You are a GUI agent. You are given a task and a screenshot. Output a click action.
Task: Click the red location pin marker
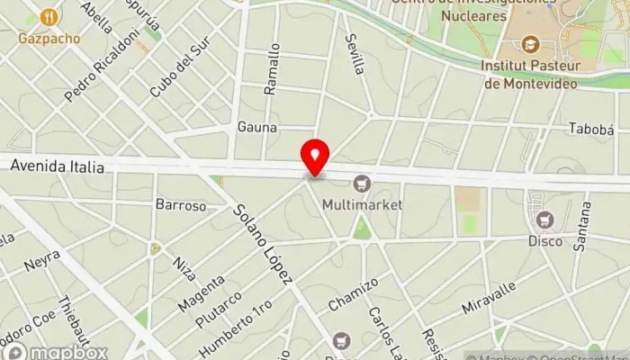[315, 157]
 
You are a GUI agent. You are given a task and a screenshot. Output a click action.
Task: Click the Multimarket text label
[362, 205]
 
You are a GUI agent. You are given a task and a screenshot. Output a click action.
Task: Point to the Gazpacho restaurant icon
[49, 17]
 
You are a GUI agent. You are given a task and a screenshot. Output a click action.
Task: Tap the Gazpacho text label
[49, 39]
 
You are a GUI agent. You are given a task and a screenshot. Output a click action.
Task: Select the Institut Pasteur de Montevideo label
[531, 74]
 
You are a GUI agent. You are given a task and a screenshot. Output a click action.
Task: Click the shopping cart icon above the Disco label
[544, 220]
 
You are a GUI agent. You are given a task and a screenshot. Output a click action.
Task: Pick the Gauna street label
[256, 127]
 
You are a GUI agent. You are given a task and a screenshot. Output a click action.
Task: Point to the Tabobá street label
[590, 129]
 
